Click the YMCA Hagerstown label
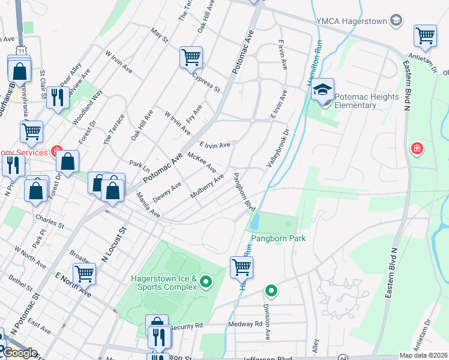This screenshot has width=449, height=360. tap(354, 22)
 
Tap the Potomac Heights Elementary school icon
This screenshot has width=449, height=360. tap(322, 89)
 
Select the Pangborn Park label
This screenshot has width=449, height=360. tap(278, 238)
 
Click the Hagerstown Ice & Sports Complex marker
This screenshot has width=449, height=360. tap(206, 281)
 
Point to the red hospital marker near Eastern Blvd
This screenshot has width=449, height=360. tap(416, 148)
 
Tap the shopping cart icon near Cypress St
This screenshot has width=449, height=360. tap(191, 58)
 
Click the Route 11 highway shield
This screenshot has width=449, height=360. tap(22, 52)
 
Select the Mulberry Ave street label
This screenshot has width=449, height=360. tap(206, 186)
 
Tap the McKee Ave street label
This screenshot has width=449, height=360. tap(202, 161)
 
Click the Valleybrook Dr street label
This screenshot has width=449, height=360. tap(278, 148)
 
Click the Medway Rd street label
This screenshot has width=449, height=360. tap(246, 324)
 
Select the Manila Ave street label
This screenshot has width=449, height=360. tap(148, 205)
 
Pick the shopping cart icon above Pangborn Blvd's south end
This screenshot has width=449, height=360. tap(241, 267)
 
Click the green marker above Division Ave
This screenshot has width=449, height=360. tap(271, 291)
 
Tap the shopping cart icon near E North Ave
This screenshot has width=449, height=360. tap(84, 274)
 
